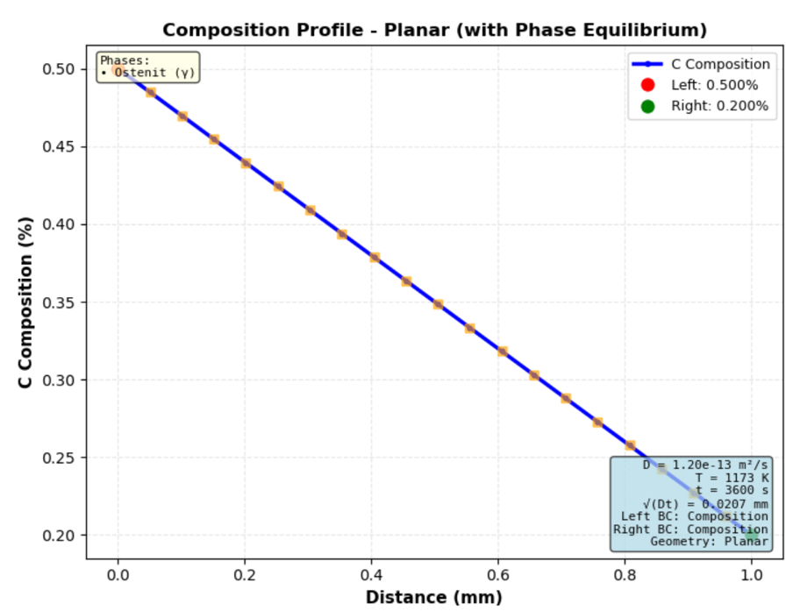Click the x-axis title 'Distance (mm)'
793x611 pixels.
[x=433, y=597]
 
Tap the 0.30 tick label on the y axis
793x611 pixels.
[x=59, y=380]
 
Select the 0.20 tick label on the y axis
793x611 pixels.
[x=59, y=536]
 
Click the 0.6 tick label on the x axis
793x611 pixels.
[x=498, y=574]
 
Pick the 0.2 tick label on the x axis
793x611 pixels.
[x=245, y=574]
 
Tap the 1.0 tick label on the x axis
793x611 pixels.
[x=752, y=574]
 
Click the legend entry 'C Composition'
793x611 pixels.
[x=720, y=64]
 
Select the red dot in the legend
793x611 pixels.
[x=647, y=85]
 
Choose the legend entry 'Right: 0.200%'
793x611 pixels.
[x=719, y=106]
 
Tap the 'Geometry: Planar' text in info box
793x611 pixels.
[x=709, y=542]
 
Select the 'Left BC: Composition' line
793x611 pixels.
[x=694, y=516]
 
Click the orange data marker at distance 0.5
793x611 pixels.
[x=438, y=304]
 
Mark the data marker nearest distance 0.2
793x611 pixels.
[x=246, y=163]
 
